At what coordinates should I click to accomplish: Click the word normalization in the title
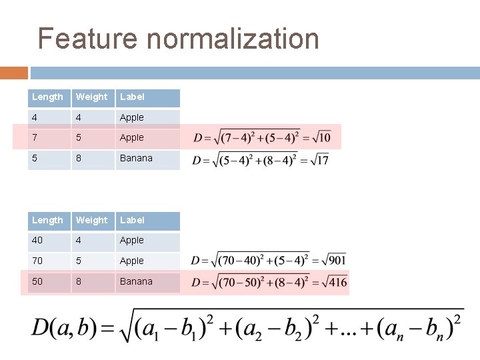(233, 39)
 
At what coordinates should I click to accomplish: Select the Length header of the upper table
(48, 97)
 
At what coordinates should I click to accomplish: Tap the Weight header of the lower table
(92, 221)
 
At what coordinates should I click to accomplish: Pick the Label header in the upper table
(132, 97)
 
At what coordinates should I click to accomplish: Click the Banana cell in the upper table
(136, 159)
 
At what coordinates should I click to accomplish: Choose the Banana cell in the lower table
(136, 282)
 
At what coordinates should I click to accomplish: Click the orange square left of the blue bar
(14, 73)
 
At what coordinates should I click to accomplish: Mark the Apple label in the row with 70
(132, 261)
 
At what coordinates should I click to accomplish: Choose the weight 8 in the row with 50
(79, 282)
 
